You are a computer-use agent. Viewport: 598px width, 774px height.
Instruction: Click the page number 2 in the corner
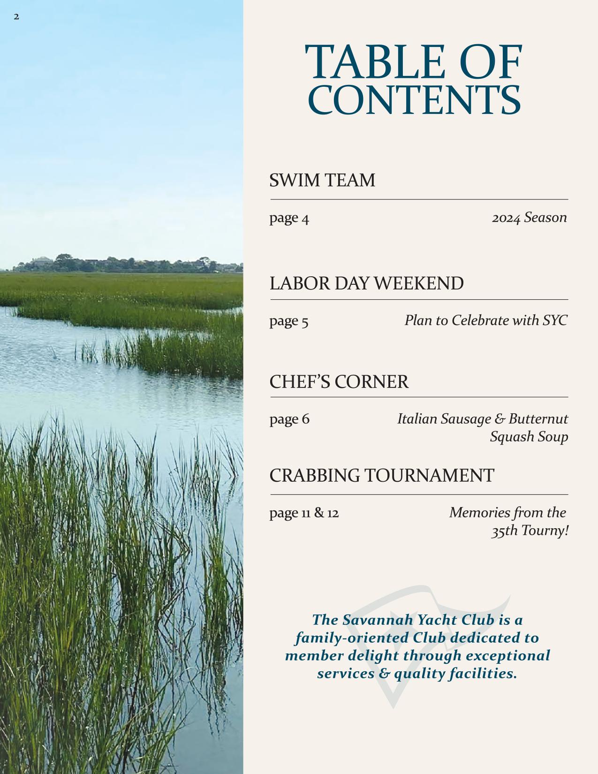pyautogui.click(x=16, y=17)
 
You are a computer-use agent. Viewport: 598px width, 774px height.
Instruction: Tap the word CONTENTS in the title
pyautogui.click(x=415, y=100)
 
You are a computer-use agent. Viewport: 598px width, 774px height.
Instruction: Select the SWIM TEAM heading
pyautogui.click(x=322, y=181)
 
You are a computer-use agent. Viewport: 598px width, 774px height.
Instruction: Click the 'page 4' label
pyautogui.click(x=289, y=218)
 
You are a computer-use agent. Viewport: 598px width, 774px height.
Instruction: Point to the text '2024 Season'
pyautogui.click(x=529, y=218)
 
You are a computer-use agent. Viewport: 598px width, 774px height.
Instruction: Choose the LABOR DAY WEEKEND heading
pyautogui.click(x=366, y=284)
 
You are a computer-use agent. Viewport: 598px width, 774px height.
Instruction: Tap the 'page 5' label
pyautogui.click(x=288, y=321)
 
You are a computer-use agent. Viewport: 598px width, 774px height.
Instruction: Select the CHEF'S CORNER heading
pyautogui.click(x=339, y=382)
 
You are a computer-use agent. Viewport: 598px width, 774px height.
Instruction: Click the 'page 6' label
pyautogui.click(x=289, y=419)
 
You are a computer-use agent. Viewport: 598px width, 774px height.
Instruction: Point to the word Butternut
pyautogui.click(x=538, y=418)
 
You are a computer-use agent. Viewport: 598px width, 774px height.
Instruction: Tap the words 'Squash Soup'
pyautogui.click(x=529, y=437)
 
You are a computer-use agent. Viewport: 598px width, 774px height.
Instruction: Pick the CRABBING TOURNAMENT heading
pyautogui.click(x=381, y=476)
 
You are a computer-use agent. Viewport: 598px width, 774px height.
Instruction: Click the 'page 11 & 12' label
pyautogui.click(x=304, y=513)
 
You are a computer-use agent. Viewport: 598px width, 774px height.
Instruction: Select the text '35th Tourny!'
pyautogui.click(x=530, y=531)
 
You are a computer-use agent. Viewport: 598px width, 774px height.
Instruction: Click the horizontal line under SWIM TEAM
pyautogui.click(x=419, y=199)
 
